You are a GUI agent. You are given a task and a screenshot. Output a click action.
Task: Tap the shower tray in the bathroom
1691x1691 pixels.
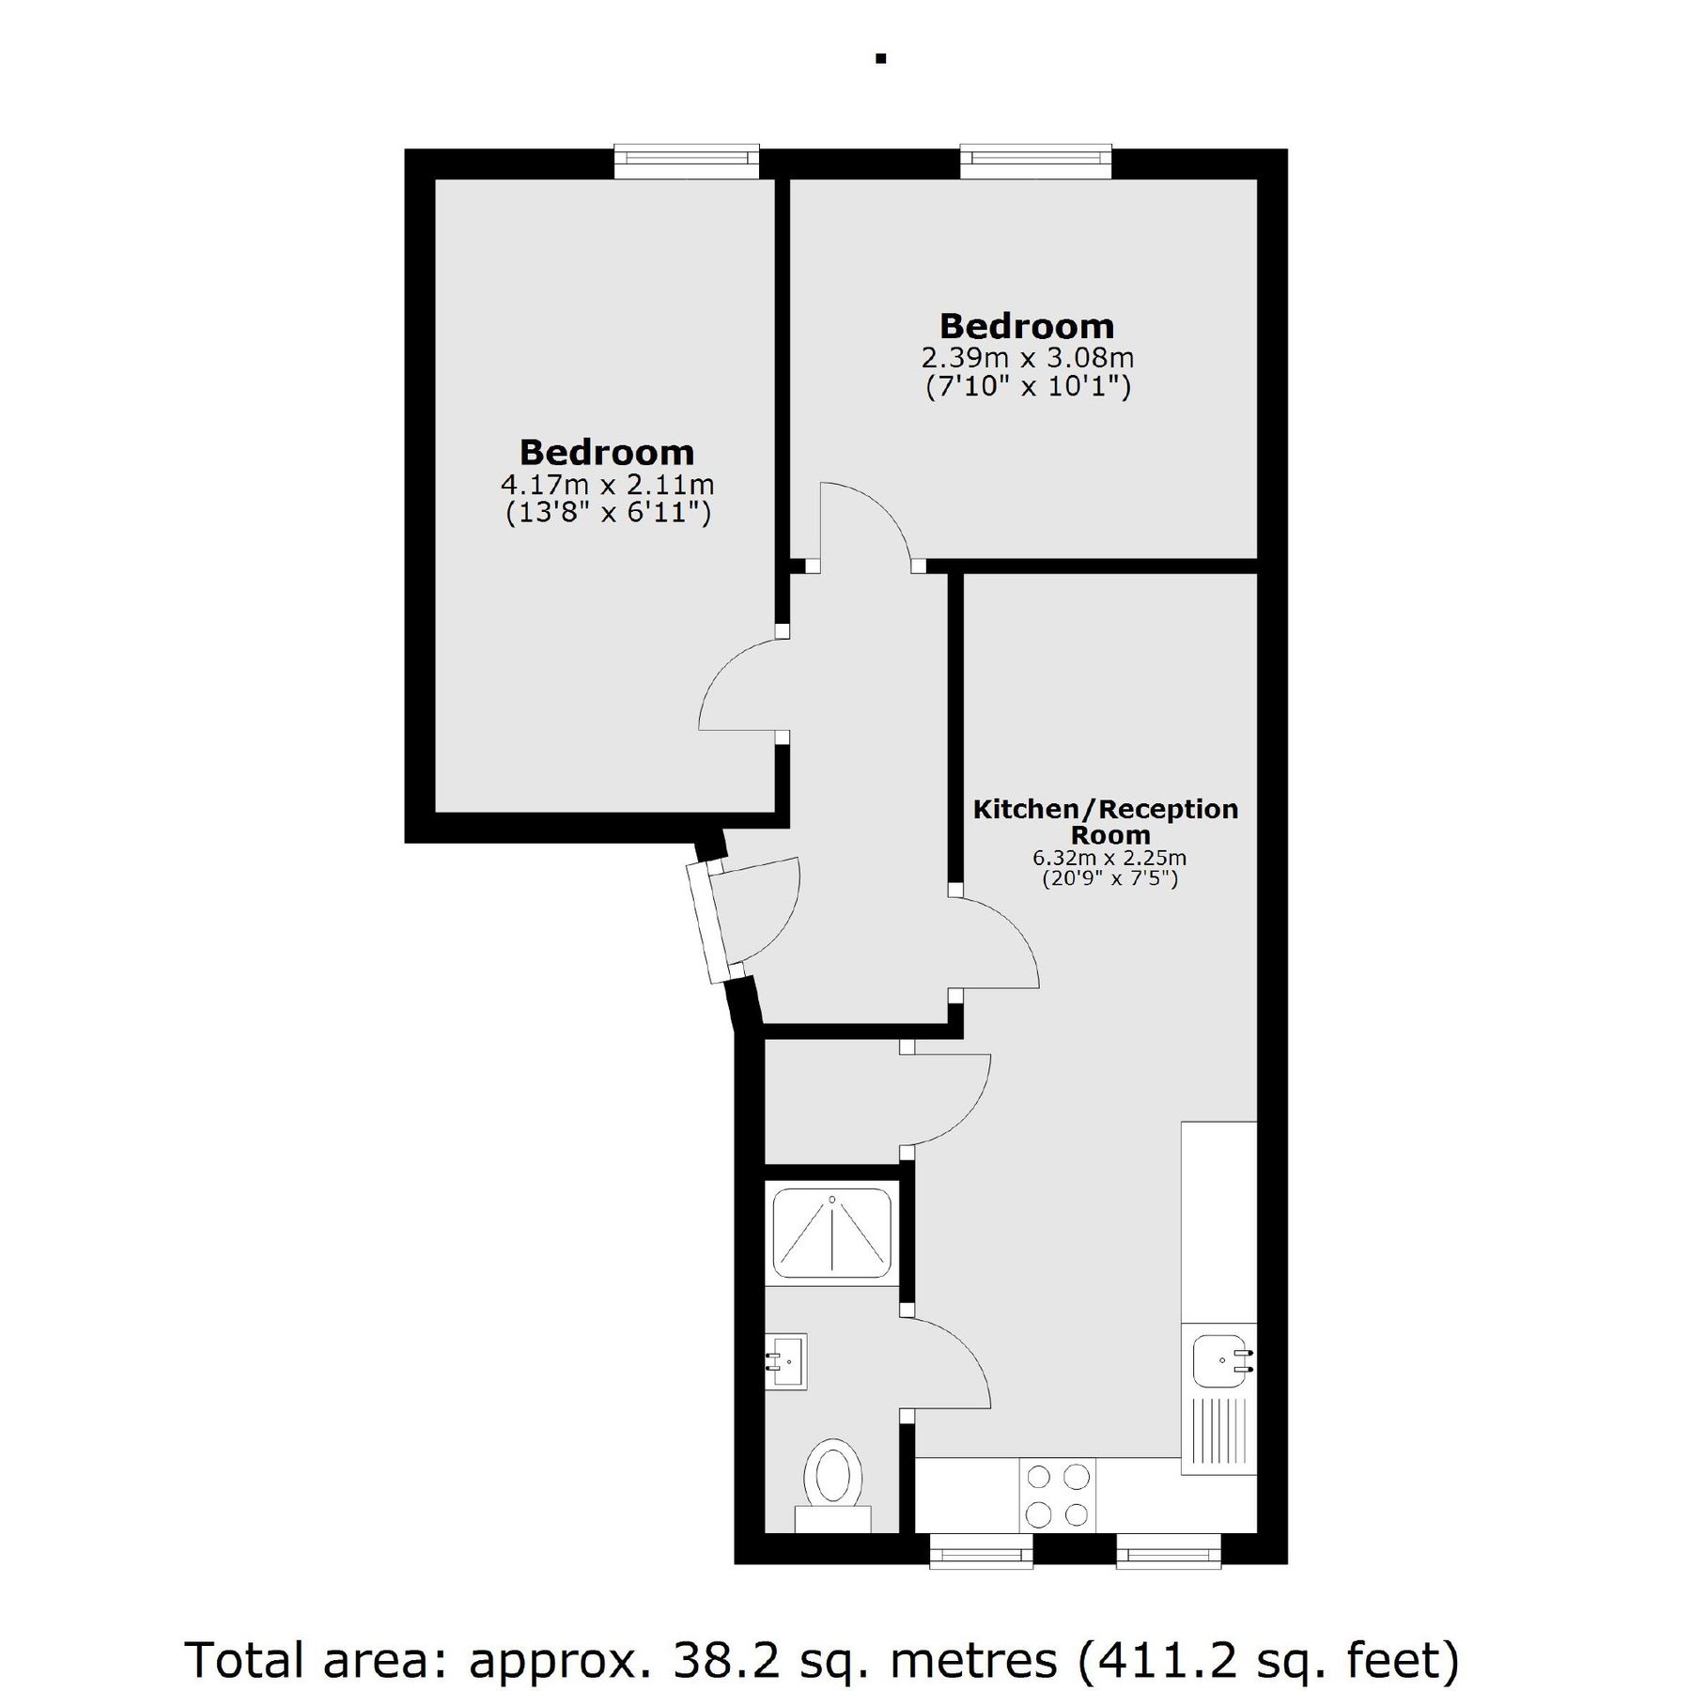[x=832, y=1233]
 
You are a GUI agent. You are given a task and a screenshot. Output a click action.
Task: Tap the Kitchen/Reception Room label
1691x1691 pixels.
[x=1106, y=822]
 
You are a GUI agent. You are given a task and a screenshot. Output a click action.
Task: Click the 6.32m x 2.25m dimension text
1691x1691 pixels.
[x=1109, y=858]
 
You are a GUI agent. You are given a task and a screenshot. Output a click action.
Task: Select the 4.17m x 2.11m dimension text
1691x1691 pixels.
[x=608, y=485]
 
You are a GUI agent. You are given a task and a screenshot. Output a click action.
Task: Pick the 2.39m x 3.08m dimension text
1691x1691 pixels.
[x=1028, y=358]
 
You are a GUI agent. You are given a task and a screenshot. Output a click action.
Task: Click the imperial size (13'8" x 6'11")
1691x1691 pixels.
[x=608, y=513]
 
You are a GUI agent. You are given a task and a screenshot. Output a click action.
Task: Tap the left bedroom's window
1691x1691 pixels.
[x=686, y=161]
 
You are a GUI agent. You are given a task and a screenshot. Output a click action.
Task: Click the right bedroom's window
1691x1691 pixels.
[x=1035, y=161]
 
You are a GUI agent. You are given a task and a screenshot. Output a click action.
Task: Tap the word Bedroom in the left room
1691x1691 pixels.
[x=607, y=453]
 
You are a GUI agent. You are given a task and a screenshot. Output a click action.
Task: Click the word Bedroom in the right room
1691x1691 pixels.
[x=1027, y=326]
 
